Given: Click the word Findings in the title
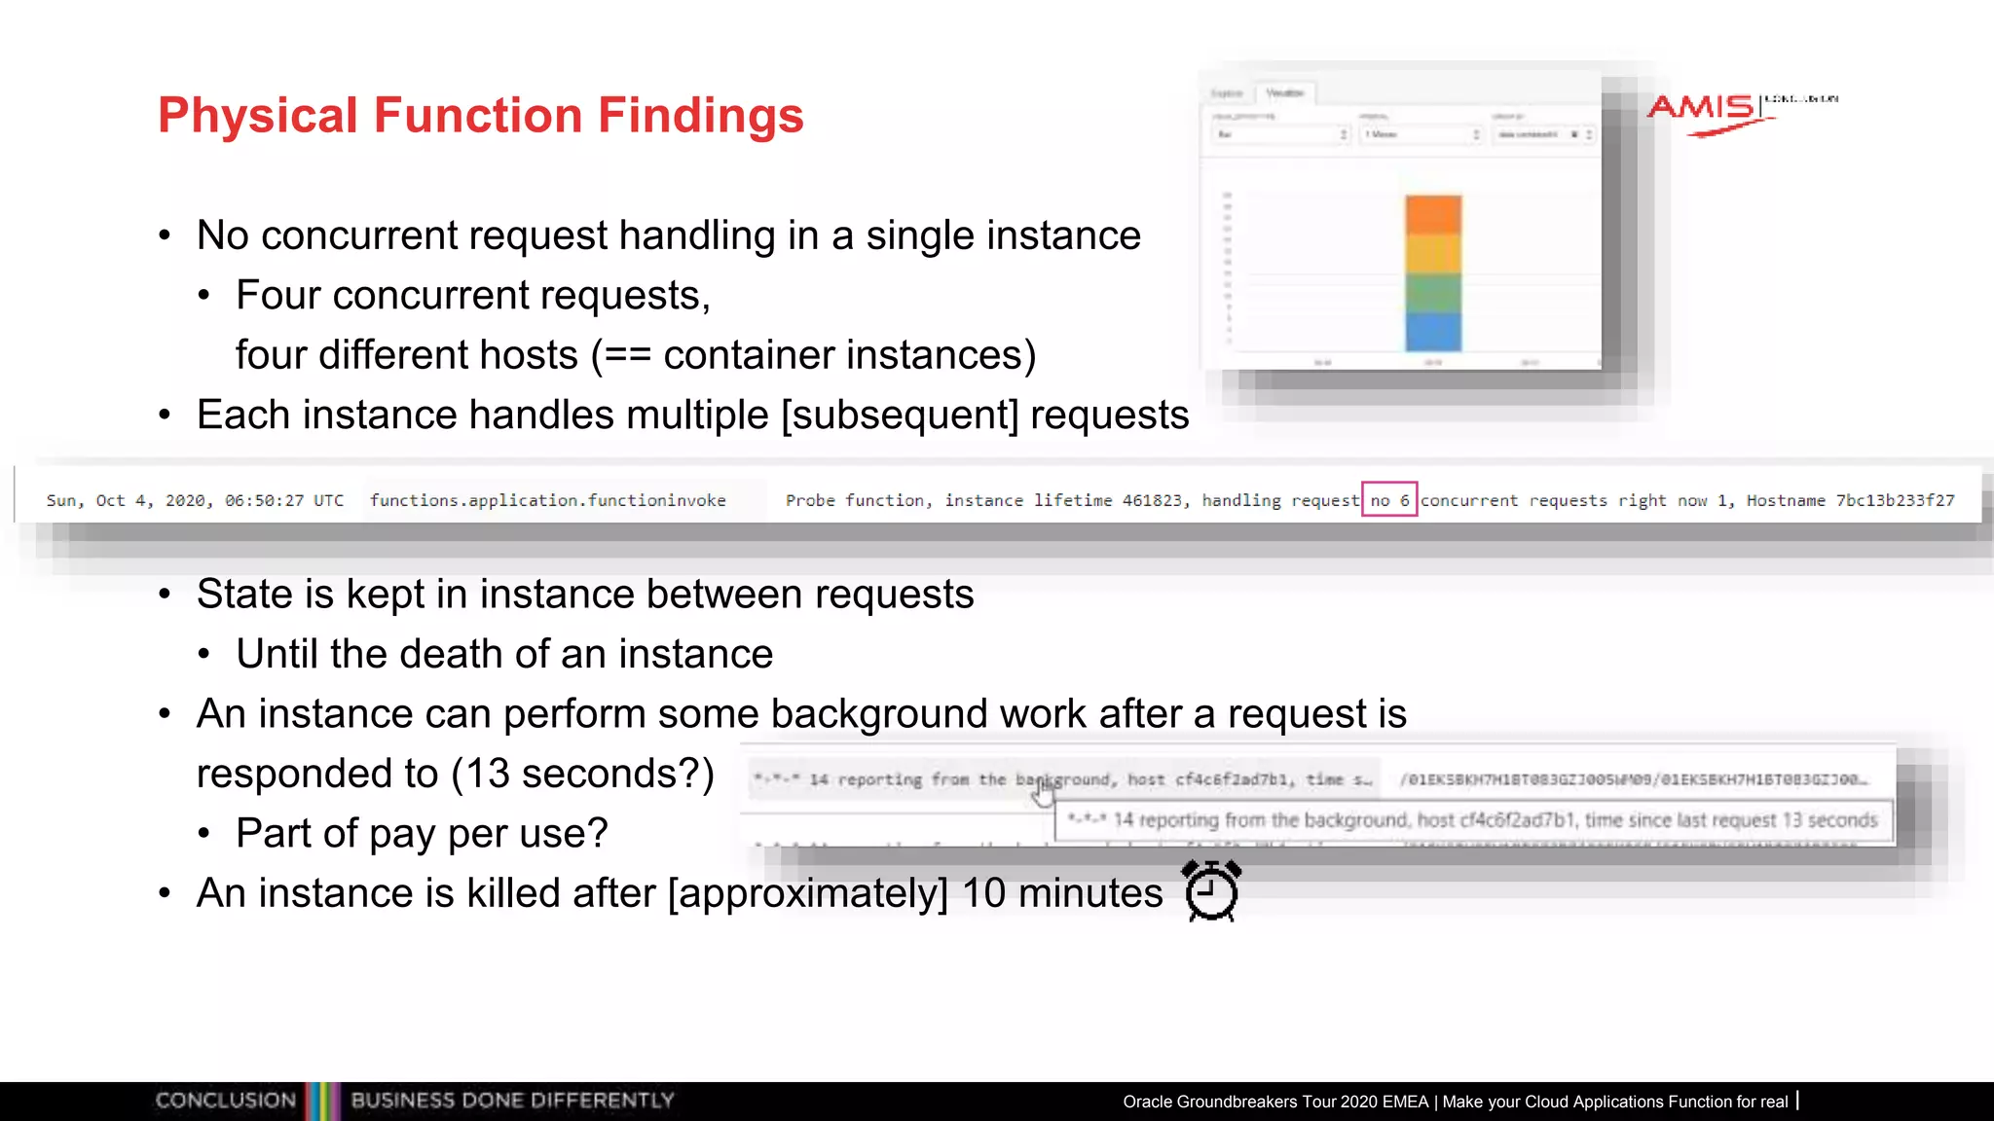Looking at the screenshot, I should click(x=700, y=116).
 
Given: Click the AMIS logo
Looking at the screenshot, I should click(x=1703, y=109).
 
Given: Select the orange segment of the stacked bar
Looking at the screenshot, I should click(x=1433, y=215).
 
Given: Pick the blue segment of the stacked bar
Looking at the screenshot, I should click(x=1433, y=331).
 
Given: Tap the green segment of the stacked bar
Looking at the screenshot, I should click(x=1433, y=293).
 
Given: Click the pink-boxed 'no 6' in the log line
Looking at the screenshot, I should click(x=1389, y=500).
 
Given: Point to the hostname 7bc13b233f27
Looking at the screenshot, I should click(x=1895, y=500).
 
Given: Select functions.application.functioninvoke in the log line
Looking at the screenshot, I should click(x=547, y=500).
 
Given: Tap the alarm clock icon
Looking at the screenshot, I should click(x=1211, y=890).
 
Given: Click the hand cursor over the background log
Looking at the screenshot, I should click(x=1043, y=793).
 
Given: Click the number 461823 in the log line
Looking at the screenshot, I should click(x=1152, y=500).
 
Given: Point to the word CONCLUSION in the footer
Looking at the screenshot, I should click(x=226, y=1101).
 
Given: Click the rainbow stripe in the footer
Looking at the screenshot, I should click(x=322, y=1101).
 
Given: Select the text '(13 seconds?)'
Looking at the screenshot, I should click(x=582, y=774).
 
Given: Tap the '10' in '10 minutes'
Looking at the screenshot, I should click(x=983, y=893).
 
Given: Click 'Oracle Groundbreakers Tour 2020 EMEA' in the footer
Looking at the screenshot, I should click(x=1275, y=1102).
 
